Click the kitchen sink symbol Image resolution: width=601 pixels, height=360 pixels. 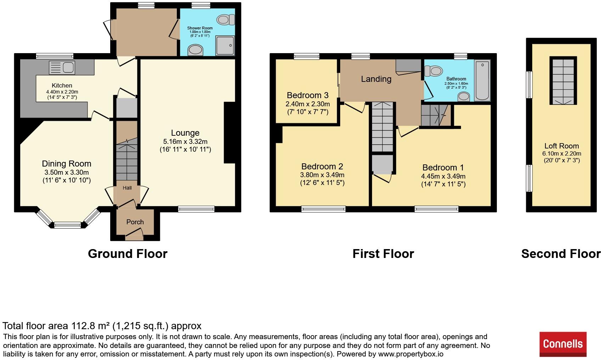click(62, 66)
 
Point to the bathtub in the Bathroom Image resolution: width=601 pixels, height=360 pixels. click(482, 80)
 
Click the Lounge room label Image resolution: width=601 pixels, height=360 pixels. click(185, 133)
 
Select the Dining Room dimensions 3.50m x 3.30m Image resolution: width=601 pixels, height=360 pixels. click(66, 173)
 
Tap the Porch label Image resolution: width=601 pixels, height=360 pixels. click(135, 222)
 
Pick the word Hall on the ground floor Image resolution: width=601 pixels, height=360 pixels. click(127, 188)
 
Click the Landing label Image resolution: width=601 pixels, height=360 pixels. click(376, 79)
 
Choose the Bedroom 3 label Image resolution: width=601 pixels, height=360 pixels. click(308, 95)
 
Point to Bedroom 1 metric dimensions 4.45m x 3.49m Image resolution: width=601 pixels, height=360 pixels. click(443, 176)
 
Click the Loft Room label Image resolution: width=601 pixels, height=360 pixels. click(562, 146)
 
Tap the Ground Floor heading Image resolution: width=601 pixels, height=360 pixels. click(128, 254)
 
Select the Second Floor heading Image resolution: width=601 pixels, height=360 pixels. click(561, 254)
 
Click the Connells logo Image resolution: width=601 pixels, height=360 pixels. click(563, 344)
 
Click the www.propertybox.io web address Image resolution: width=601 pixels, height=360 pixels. click(410, 354)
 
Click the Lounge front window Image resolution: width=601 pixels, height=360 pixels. click(196, 209)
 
